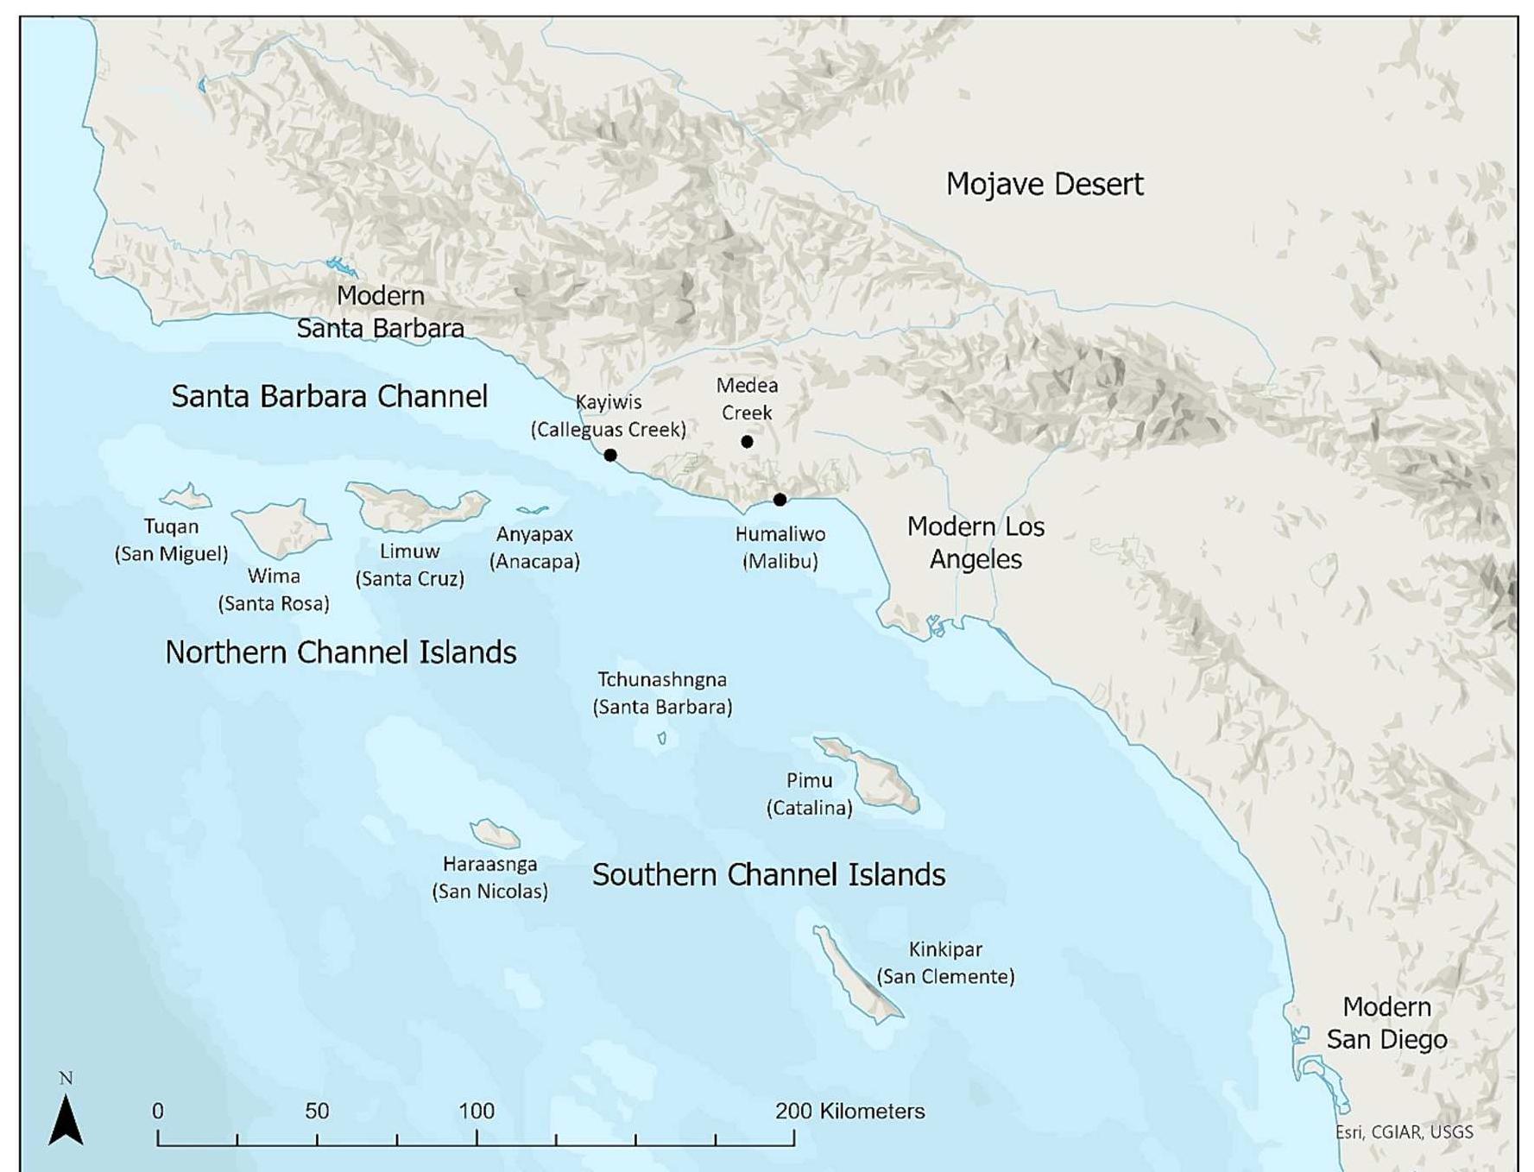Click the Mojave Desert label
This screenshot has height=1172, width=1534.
pos(1044,184)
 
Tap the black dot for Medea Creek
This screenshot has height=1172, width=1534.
pos(747,442)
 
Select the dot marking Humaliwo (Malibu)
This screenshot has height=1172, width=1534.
pos(780,500)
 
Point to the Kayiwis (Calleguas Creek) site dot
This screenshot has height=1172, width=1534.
pos(610,455)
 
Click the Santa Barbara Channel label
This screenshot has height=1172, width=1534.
pos(329,396)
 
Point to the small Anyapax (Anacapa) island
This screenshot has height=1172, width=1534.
pos(532,510)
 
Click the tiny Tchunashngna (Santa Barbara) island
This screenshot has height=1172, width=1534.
pos(662,738)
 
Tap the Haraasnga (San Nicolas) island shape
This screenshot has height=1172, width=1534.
pos(495,835)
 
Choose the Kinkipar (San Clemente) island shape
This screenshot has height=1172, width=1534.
pos(855,975)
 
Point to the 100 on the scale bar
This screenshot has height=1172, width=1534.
pos(476,1111)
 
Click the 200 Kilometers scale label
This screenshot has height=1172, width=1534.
pos(849,1111)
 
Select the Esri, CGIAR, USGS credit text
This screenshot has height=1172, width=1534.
pos(1404,1132)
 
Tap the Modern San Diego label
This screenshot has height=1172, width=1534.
pos(1386,1023)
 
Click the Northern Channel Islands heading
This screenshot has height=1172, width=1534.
pos(340,652)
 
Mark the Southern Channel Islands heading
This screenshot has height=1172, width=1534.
pos(768,875)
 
